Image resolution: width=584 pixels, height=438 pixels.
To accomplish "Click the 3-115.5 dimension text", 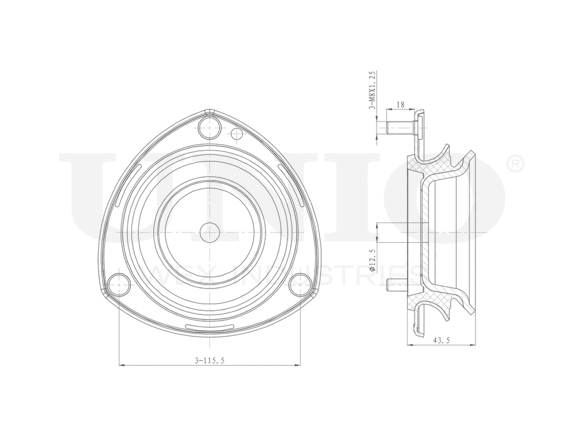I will coord(210,361).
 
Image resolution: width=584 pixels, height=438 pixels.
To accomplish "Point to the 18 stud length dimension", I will coord(401,105).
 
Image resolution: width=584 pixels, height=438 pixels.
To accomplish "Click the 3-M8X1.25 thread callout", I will coord(372,91).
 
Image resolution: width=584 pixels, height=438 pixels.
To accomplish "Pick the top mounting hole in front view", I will coord(208,126).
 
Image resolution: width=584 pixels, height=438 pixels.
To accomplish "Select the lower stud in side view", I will coord(396,284).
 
